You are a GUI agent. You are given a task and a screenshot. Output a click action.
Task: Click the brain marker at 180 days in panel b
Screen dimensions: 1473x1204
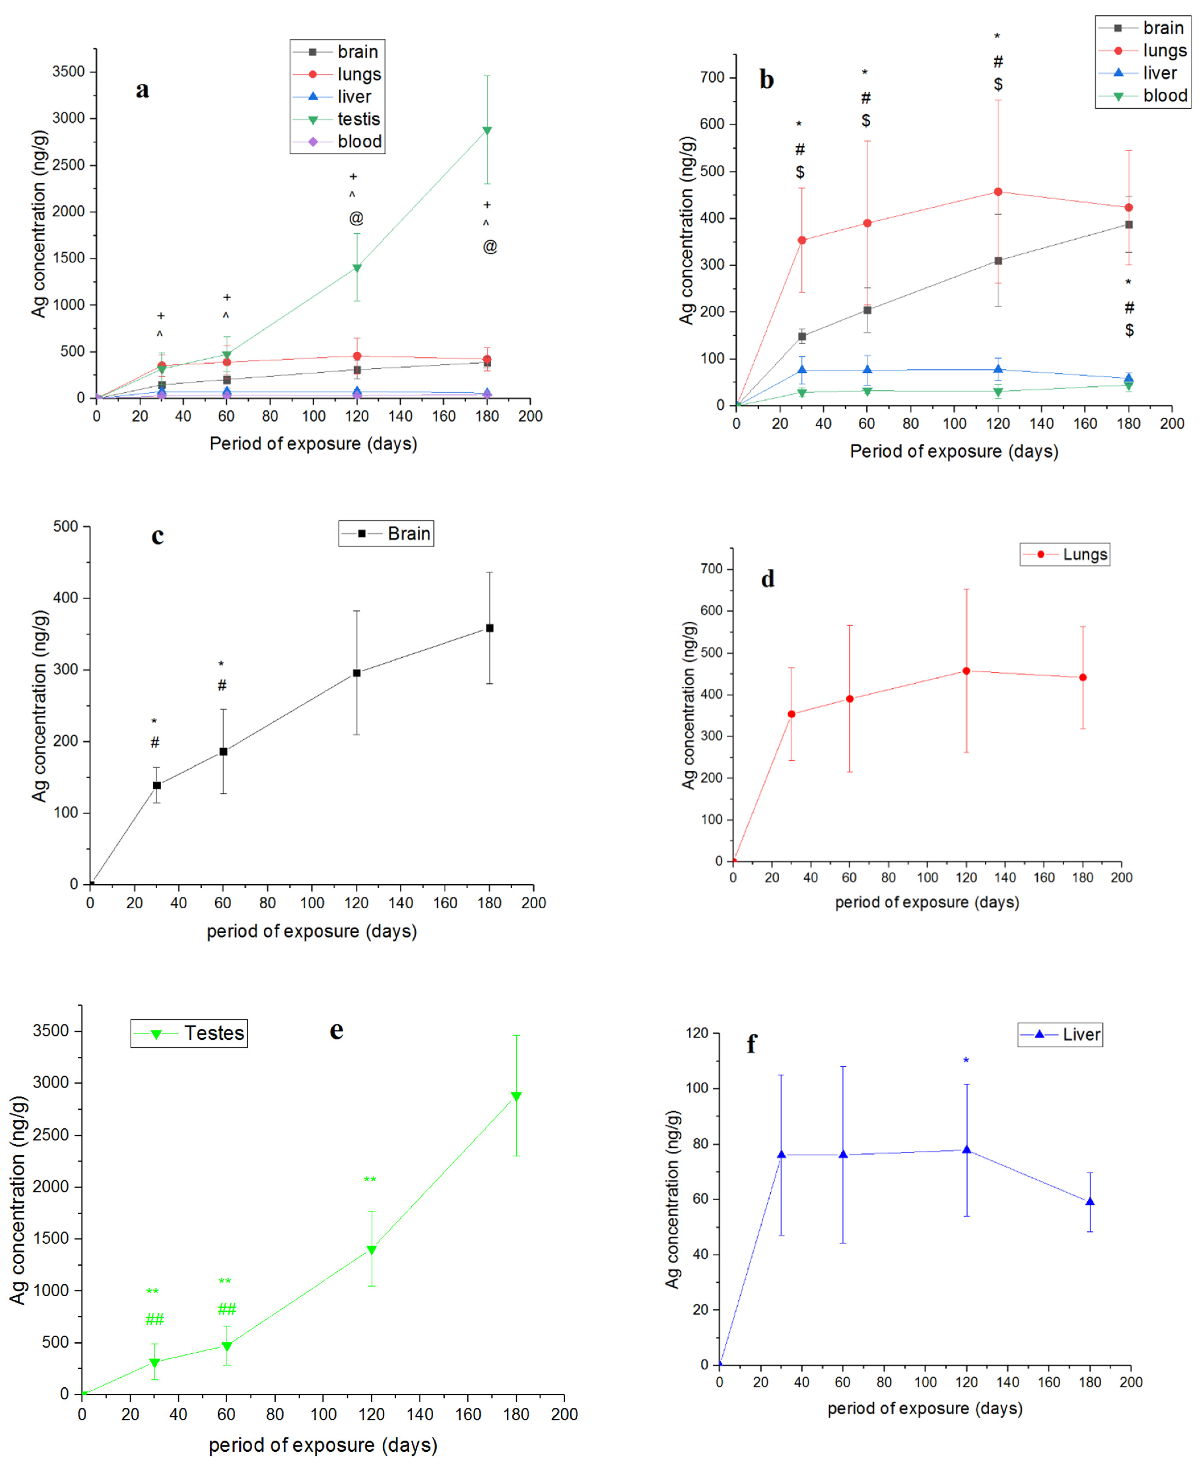[x=1128, y=225]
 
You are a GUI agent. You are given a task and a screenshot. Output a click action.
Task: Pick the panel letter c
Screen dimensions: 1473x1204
[x=157, y=536]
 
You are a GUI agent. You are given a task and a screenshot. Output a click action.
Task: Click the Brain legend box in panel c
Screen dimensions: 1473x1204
[x=386, y=533]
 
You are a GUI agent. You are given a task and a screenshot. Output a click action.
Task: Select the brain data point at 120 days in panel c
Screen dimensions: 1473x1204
[x=356, y=673]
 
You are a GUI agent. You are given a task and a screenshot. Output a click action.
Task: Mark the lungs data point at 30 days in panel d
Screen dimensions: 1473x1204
[x=791, y=714]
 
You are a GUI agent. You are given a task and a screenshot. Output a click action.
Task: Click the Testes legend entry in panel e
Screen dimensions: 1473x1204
[x=189, y=1033]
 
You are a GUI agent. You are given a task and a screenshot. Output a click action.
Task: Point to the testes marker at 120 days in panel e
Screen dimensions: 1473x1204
[x=372, y=1250]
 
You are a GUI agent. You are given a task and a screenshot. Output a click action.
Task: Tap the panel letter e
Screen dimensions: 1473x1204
[x=336, y=1031]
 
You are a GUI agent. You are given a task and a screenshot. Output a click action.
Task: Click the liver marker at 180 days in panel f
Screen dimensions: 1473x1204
[x=1090, y=1202]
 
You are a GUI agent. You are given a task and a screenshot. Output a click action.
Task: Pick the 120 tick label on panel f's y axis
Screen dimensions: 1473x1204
[x=697, y=1033]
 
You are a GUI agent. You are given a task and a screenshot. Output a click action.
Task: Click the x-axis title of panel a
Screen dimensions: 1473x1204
[x=314, y=444]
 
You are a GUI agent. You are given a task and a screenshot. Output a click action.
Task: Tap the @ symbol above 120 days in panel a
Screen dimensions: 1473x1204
[x=356, y=219]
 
